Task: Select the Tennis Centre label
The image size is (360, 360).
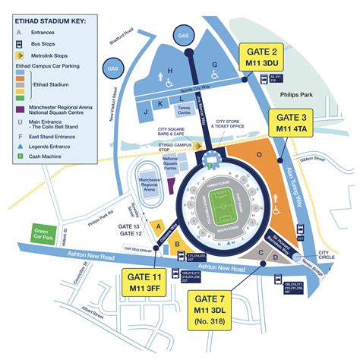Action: [x=183, y=109]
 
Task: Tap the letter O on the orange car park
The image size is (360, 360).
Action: [x=260, y=155]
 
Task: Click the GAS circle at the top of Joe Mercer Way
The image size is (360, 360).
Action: [x=182, y=35]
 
